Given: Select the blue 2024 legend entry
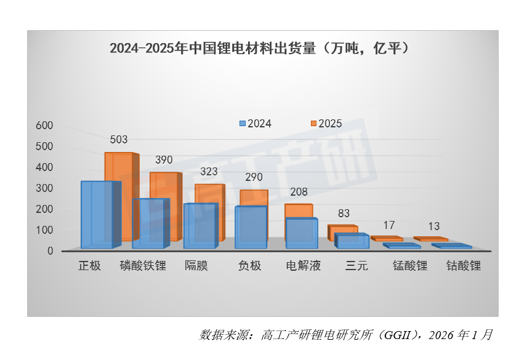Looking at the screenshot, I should [x=255, y=123].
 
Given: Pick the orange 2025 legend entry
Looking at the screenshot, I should [x=326, y=123].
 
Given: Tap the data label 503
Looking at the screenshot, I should [x=119, y=140].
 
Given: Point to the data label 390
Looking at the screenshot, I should [x=164, y=159].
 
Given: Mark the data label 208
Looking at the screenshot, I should [x=299, y=192].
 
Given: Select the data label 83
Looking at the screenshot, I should [x=344, y=214].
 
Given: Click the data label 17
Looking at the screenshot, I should [x=388, y=225].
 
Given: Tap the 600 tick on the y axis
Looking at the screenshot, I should [x=46, y=126].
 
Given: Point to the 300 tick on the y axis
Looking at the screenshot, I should [x=46, y=188].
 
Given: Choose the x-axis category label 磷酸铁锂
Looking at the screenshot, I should [x=143, y=266].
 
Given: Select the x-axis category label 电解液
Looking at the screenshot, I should [x=304, y=266].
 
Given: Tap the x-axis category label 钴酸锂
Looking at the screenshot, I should [x=463, y=266].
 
